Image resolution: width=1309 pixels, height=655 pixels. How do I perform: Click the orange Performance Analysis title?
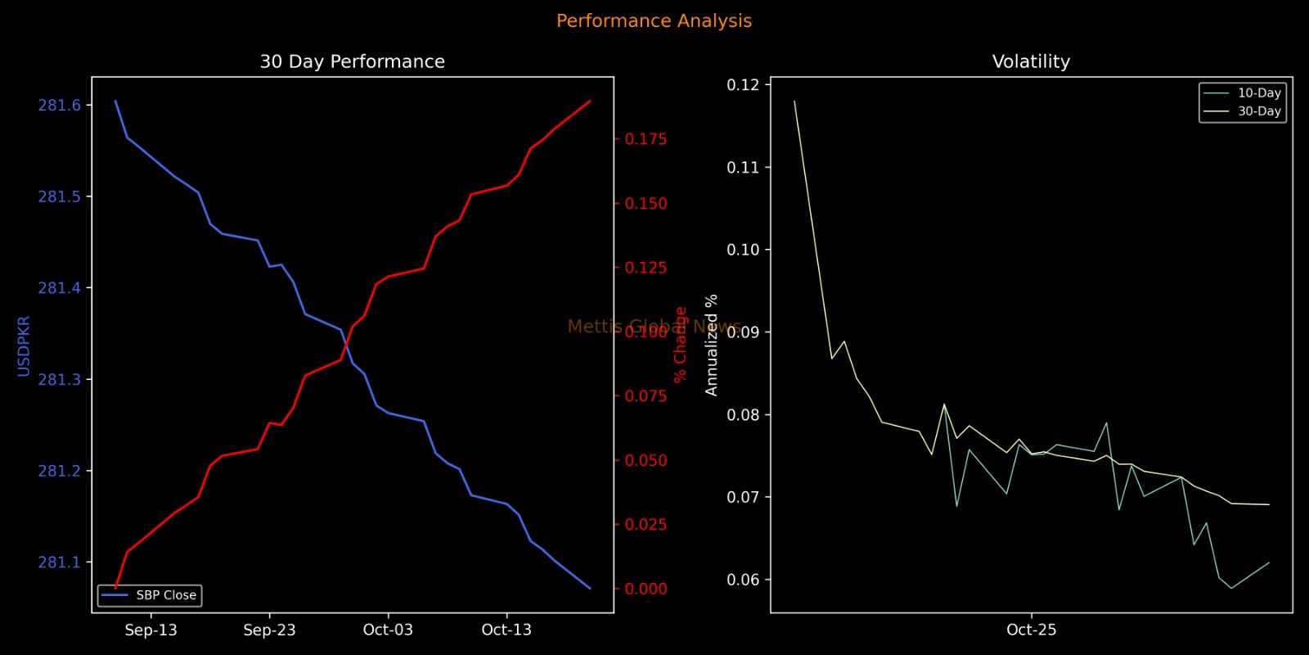click(x=654, y=21)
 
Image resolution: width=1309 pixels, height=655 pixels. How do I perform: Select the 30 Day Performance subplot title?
click(x=352, y=61)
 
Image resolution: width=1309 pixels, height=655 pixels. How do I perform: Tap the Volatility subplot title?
click(x=1031, y=61)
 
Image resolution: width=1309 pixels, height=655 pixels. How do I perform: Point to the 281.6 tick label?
click(x=60, y=105)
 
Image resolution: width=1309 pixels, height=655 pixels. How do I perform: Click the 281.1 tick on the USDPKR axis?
click(x=60, y=562)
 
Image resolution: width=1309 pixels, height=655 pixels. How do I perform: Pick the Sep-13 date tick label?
click(x=151, y=630)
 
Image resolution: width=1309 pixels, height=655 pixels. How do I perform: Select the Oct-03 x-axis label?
click(x=388, y=630)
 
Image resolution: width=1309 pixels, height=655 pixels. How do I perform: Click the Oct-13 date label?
click(x=506, y=630)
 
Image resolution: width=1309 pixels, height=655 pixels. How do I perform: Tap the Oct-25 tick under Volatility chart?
click(x=1031, y=630)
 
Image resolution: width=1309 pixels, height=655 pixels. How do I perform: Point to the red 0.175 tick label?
click(x=646, y=139)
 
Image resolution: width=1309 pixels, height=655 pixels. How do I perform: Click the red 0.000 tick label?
click(x=646, y=589)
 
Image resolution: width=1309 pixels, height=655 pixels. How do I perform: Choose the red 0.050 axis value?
click(x=646, y=460)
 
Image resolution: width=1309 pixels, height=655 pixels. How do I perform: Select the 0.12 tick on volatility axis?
click(x=743, y=85)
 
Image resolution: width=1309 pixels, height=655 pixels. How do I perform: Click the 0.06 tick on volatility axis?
click(x=743, y=580)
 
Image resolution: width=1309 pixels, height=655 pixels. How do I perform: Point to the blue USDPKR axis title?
click(x=24, y=346)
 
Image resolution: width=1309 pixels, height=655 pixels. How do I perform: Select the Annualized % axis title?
click(x=711, y=345)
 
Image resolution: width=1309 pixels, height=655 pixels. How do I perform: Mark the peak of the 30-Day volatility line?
click(x=794, y=102)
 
